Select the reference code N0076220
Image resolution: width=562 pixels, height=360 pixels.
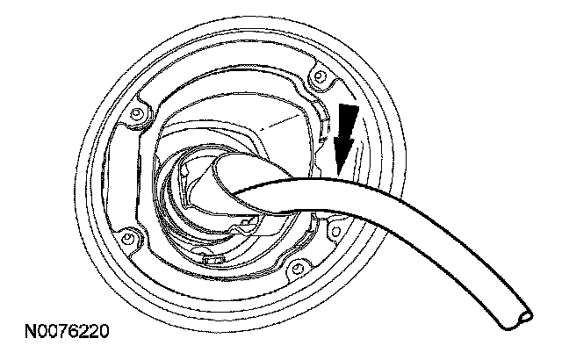point(68,335)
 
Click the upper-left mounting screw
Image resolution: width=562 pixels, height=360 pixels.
point(135,113)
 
